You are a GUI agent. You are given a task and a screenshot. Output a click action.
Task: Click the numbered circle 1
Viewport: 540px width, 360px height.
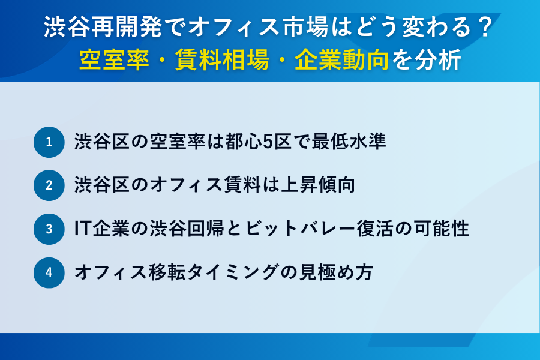49,142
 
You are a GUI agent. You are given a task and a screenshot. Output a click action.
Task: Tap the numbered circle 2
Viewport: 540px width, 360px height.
49,185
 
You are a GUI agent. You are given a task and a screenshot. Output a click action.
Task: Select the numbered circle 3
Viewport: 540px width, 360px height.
49,229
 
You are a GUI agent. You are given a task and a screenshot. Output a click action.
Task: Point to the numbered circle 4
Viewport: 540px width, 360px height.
49,272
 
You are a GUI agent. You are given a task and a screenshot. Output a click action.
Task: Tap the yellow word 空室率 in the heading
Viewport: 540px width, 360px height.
113,60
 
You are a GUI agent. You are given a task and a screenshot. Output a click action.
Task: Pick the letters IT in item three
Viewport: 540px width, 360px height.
82,229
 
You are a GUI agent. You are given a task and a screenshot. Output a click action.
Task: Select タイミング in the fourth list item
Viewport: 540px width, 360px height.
227,272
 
